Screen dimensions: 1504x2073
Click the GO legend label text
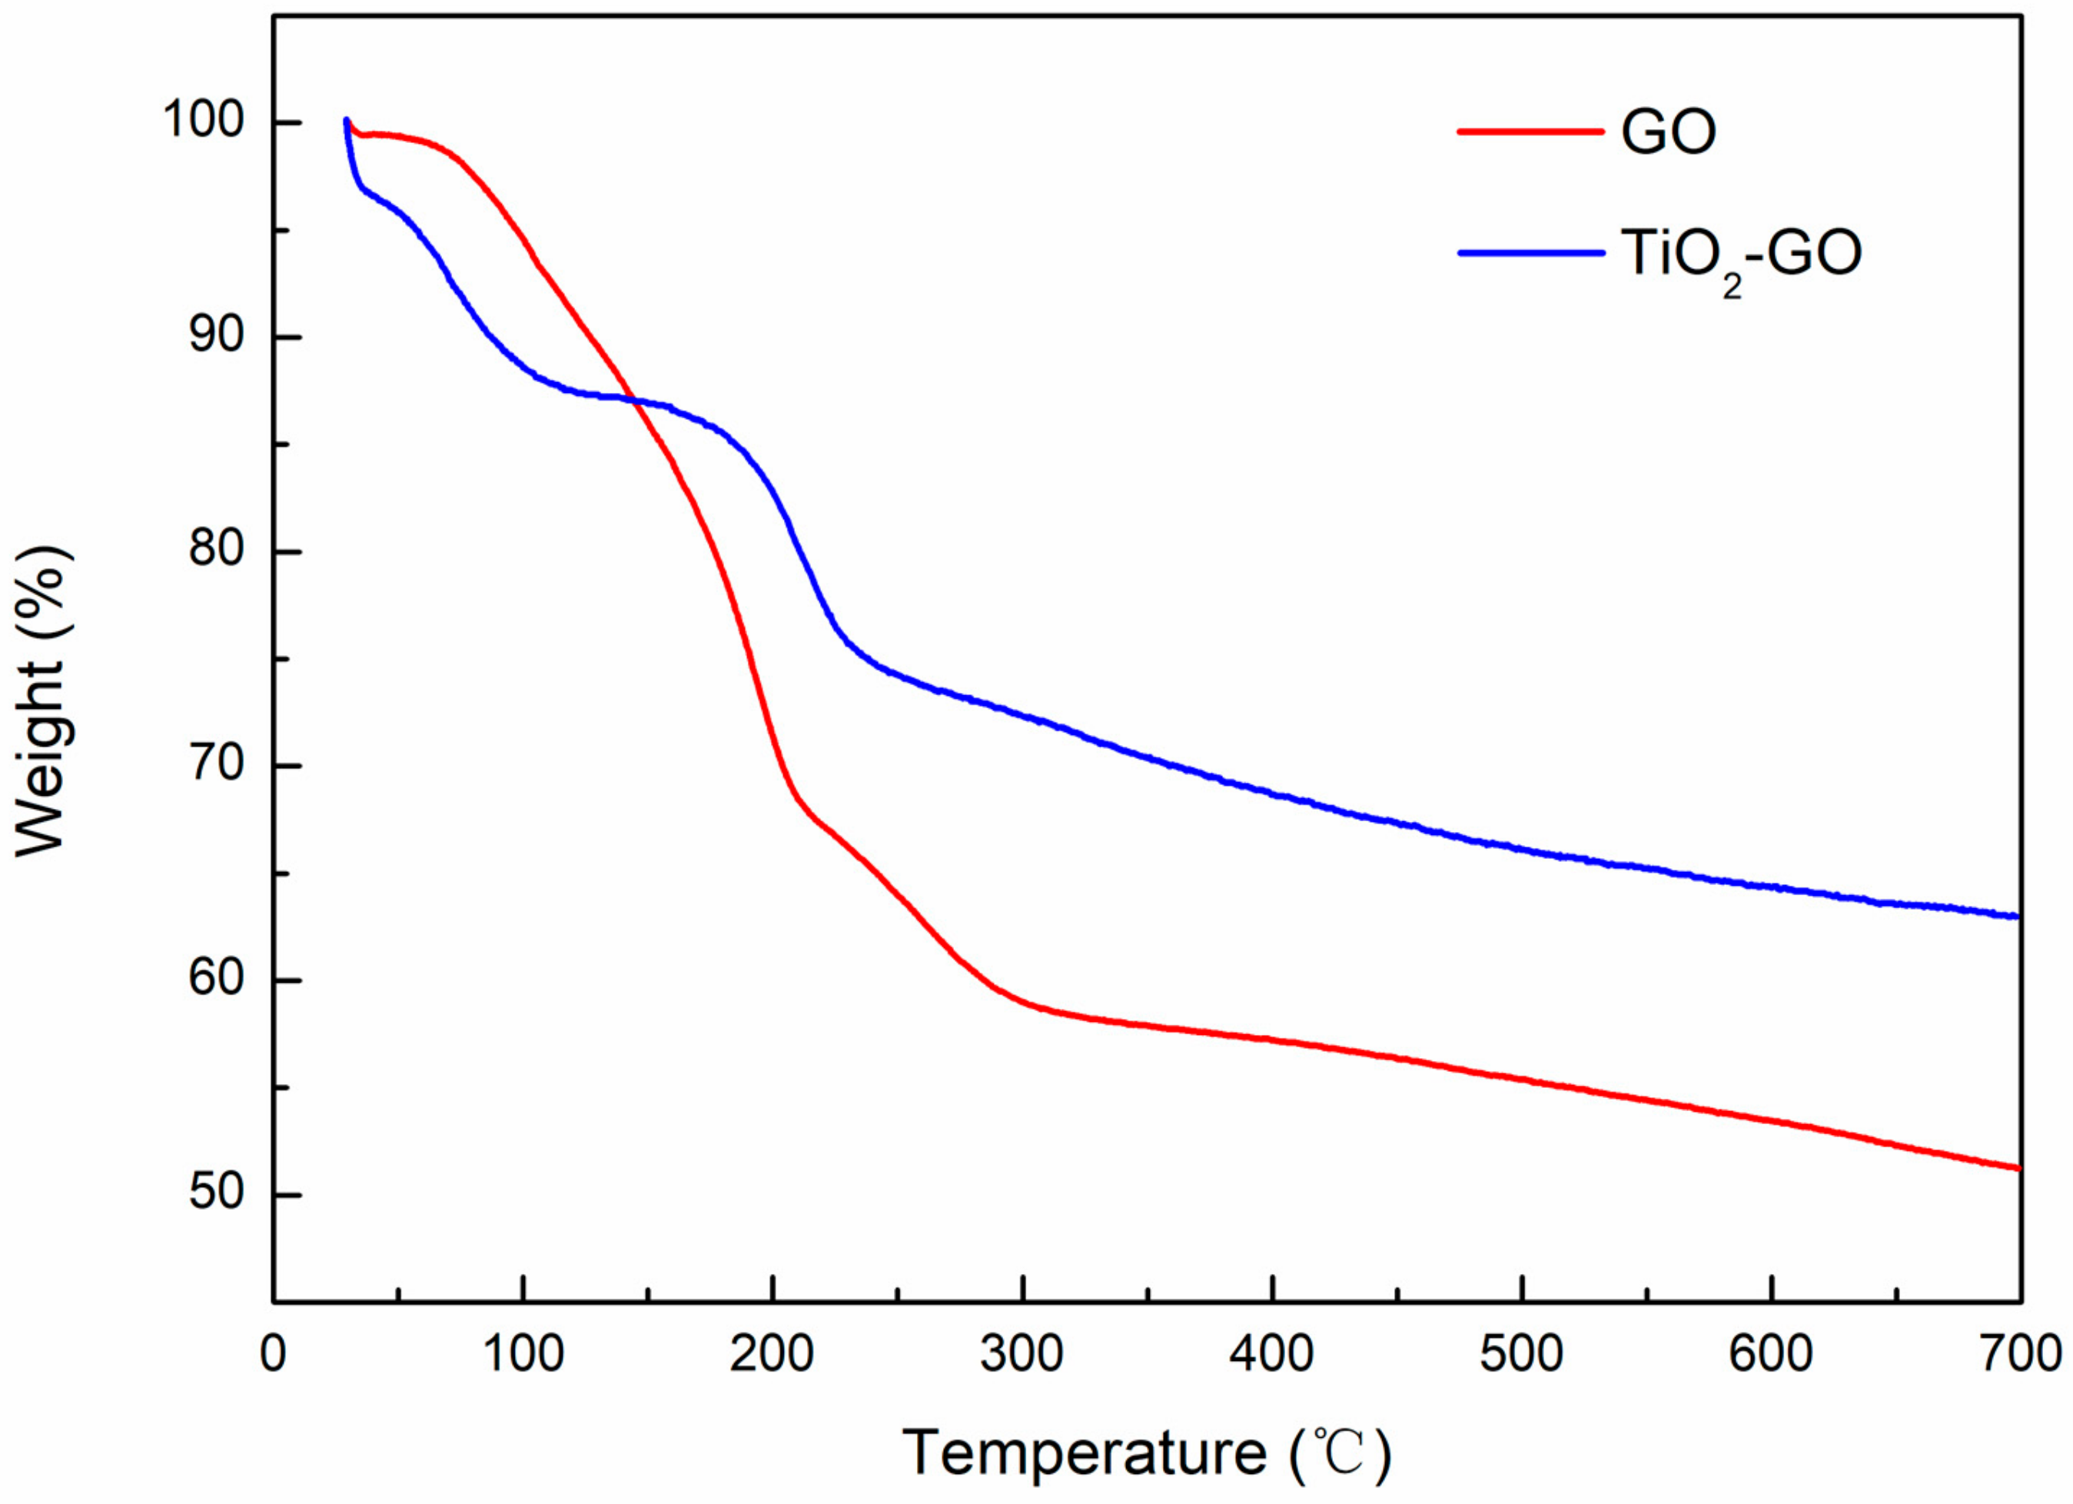click(x=1669, y=132)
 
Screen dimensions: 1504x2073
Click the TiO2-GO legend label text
click(x=1741, y=256)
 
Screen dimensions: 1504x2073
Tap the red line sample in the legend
click(x=1530, y=131)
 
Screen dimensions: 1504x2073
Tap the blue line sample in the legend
click(x=1530, y=252)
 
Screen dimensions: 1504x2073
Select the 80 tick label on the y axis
click(x=218, y=551)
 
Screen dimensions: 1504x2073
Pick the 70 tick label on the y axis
click(x=218, y=765)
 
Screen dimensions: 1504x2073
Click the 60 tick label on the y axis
click(x=218, y=979)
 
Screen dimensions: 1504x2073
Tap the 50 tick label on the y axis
click(x=218, y=1194)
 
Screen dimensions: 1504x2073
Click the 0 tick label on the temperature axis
click(x=272, y=1354)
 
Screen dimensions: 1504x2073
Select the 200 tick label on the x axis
click(x=772, y=1354)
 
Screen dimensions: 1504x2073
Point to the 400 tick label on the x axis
click(x=1271, y=1354)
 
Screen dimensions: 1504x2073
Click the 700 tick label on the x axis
click(x=2020, y=1354)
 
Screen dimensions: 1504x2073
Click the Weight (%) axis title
click(x=42, y=702)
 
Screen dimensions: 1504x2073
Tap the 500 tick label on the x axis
click(x=1522, y=1354)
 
